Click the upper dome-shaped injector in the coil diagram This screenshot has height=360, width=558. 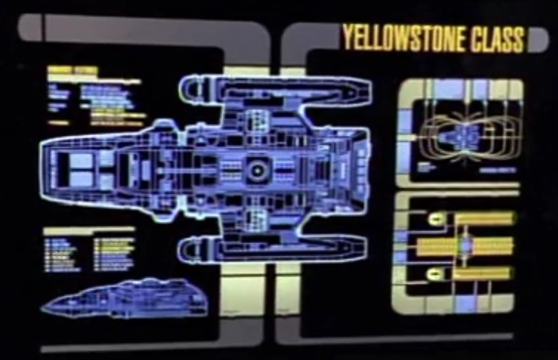(434, 219)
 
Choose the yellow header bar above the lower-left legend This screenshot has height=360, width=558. (89, 231)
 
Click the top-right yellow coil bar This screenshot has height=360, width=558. (484, 219)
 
